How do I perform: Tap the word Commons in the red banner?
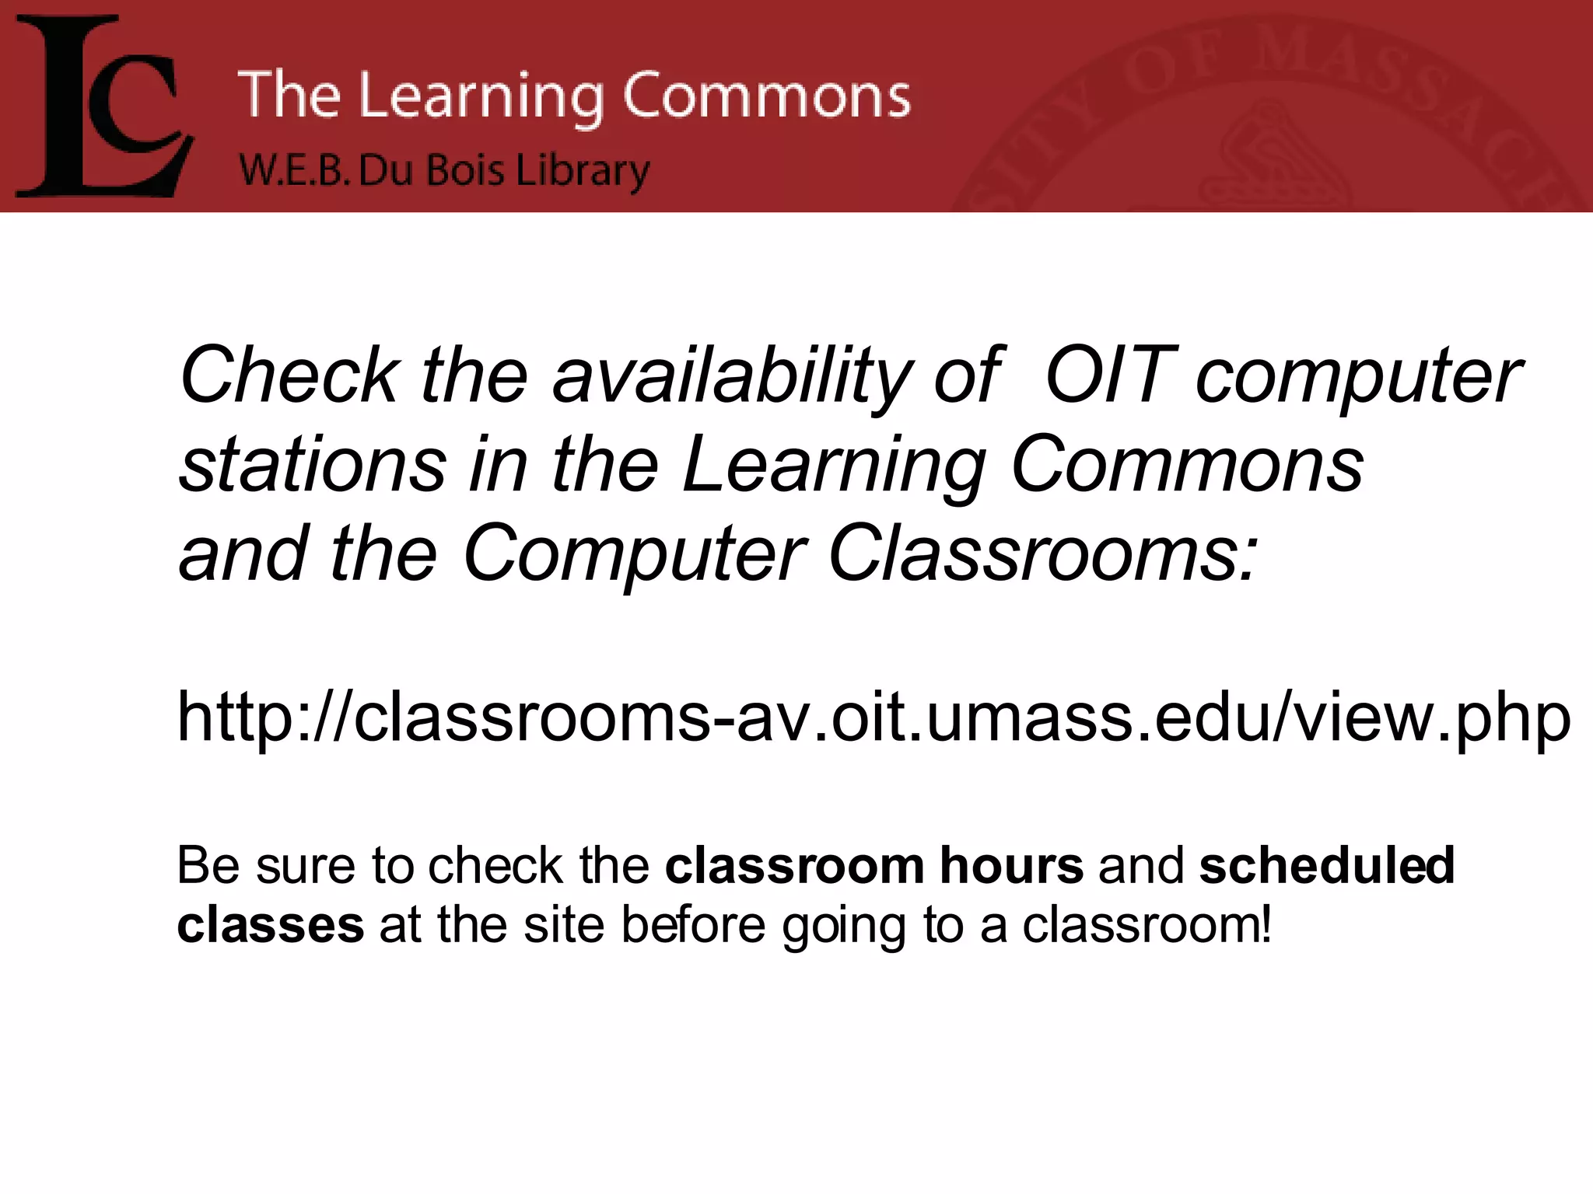pyautogui.click(x=766, y=96)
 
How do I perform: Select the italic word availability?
pyautogui.click(x=731, y=377)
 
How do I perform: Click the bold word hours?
pyautogui.click(x=1011, y=864)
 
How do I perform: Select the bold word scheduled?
pyautogui.click(x=1326, y=864)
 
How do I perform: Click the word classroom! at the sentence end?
pyautogui.click(x=1147, y=925)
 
